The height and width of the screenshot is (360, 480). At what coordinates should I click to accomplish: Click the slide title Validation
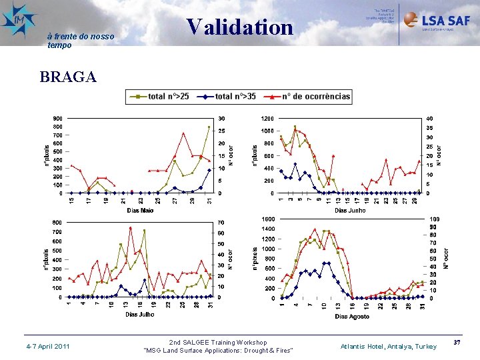pyautogui.click(x=240, y=27)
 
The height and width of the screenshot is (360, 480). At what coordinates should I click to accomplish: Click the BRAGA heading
pyautogui.click(x=68, y=77)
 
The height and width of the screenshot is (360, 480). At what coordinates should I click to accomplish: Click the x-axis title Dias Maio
pyautogui.click(x=140, y=211)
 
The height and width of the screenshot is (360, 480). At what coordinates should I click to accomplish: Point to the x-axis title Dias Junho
pyautogui.click(x=350, y=211)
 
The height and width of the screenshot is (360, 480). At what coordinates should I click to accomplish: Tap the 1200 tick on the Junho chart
pyautogui.click(x=267, y=119)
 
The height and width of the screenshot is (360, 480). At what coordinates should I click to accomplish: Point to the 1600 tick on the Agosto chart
pyautogui.click(x=267, y=219)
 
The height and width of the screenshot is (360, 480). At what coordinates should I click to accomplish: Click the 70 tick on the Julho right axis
pyautogui.click(x=221, y=223)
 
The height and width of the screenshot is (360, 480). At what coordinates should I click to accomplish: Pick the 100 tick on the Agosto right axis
pyautogui.click(x=434, y=219)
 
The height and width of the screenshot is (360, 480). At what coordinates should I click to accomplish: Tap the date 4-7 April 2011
pyautogui.click(x=47, y=347)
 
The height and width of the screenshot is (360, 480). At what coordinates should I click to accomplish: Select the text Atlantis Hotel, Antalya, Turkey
pyautogui.click(x=388, y=347)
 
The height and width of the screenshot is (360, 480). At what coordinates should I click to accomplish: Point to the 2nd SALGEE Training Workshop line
pyautogui.click(x=218, y=342)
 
